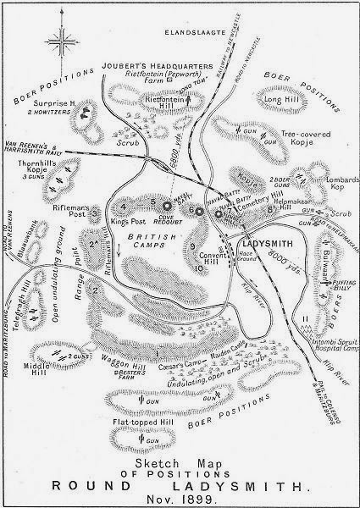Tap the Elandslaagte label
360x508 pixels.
point(186,32)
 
